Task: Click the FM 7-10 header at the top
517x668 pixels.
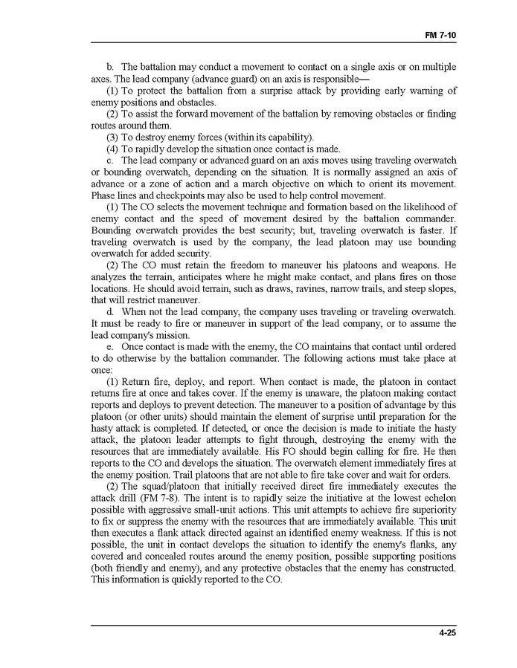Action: click(x=440, y=34)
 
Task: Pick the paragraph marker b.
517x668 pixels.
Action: click(x=111, y=67)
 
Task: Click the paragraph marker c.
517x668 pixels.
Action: click(x=111, y=160)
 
